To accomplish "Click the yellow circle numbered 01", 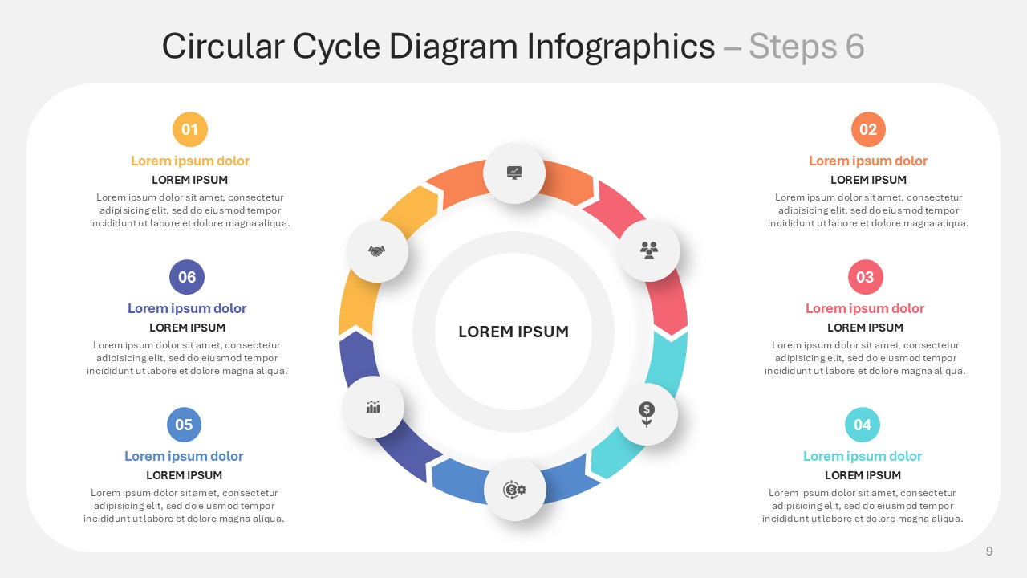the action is click(x=190, y=129).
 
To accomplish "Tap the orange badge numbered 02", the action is click(x=868, y=129).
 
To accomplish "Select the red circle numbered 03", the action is click(x=865, y=277).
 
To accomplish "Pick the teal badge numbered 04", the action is click(x=863, y=425).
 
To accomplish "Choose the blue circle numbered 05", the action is click(x=184, y=425).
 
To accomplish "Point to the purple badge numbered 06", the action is click(x=187, y=277).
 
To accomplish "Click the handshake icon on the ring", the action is click(x=377, y=251).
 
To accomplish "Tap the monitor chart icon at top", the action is click(x=514, y=173).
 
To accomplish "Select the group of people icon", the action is click(x=649, y=250).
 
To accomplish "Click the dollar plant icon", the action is click(x=647, y=414).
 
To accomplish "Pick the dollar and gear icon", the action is click(x=514, y=490).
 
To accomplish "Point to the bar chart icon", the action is click(x=373, y=406).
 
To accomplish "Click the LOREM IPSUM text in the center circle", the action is click(x=513, y=332).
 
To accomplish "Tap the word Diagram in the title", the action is click(x=453, y=47).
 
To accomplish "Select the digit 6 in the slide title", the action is click(x=855, y=46).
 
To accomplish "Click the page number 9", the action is click(x=989, y=552).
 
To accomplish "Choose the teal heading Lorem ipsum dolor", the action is click(x=863, y=456).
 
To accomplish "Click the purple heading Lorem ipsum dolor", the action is click(x=187, y=308).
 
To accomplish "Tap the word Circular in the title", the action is click(x=223, y=46).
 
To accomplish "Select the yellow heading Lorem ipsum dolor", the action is click(x=190, y=161).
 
